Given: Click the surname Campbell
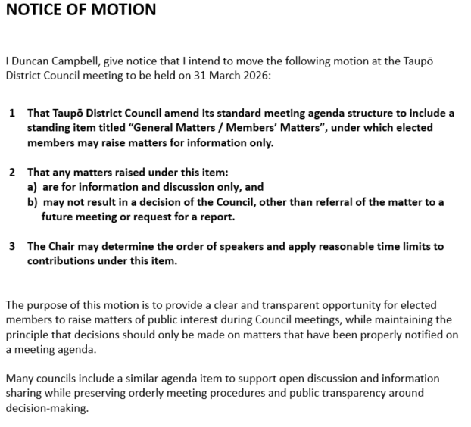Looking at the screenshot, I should click(78, 61).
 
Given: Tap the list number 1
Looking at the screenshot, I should click(12, 114).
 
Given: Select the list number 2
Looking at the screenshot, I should click(12, 172).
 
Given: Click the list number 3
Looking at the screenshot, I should click(12, 246).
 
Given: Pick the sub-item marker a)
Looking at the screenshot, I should click(32, 186).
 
